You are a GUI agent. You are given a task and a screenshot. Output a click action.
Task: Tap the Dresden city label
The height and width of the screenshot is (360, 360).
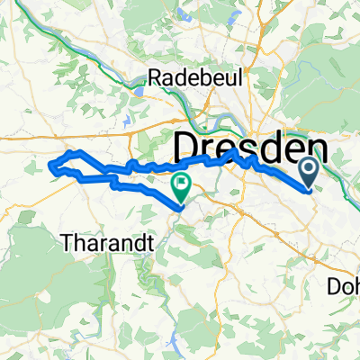[x=247, y=145]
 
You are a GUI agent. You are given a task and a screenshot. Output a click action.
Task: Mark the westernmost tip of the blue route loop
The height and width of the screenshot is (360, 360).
[x=49, y=166]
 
